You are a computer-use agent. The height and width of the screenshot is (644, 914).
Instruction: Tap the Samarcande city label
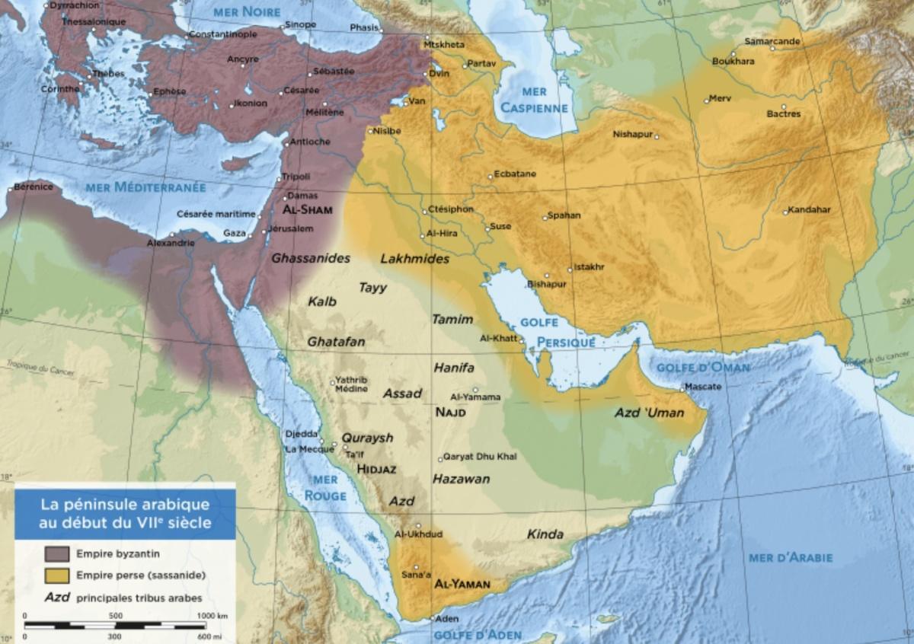772,40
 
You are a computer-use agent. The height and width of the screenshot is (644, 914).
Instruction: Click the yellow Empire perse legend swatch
58,575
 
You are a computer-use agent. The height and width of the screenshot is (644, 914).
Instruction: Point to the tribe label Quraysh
367,438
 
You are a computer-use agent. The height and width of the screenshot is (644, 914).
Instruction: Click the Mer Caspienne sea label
534,100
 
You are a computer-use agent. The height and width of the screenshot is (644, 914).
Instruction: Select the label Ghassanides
311,258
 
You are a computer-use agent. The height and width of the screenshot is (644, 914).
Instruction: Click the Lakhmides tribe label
414,259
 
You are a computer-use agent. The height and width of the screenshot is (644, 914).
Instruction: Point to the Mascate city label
703,386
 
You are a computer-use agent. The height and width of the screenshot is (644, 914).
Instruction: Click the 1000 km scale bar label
213,615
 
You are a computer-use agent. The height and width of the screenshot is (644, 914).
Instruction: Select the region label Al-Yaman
461,585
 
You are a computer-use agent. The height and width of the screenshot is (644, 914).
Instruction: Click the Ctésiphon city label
451,209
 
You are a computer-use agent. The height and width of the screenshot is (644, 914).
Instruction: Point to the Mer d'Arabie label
791,558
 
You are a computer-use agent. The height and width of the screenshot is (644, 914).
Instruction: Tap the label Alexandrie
171,244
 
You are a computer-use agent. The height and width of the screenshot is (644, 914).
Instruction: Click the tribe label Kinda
545,534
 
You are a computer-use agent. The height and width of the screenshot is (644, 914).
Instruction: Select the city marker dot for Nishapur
657,137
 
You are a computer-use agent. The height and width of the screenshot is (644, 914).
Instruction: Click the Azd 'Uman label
650,413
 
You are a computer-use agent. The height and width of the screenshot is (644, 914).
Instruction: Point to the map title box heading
126,513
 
